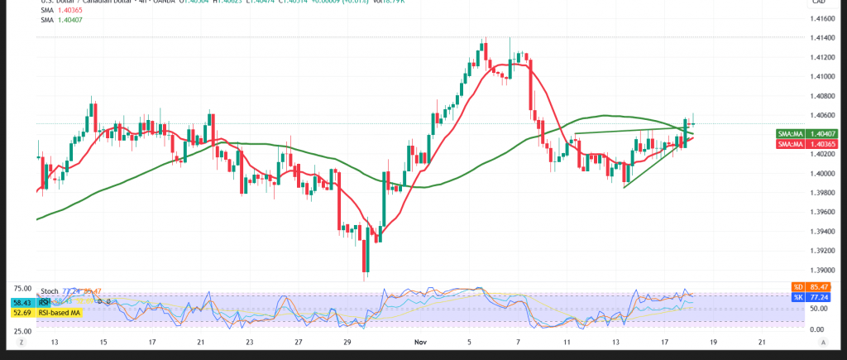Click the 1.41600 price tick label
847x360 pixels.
coord(821,18)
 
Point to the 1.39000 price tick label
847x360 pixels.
coord(821,270)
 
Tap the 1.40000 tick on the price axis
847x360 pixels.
coord(821,173)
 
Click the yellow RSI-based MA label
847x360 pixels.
coord(60,314)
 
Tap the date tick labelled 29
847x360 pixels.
coord(347,341)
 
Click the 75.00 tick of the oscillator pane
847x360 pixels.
coord(22,288)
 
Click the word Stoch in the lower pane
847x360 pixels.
coord(49,292)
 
